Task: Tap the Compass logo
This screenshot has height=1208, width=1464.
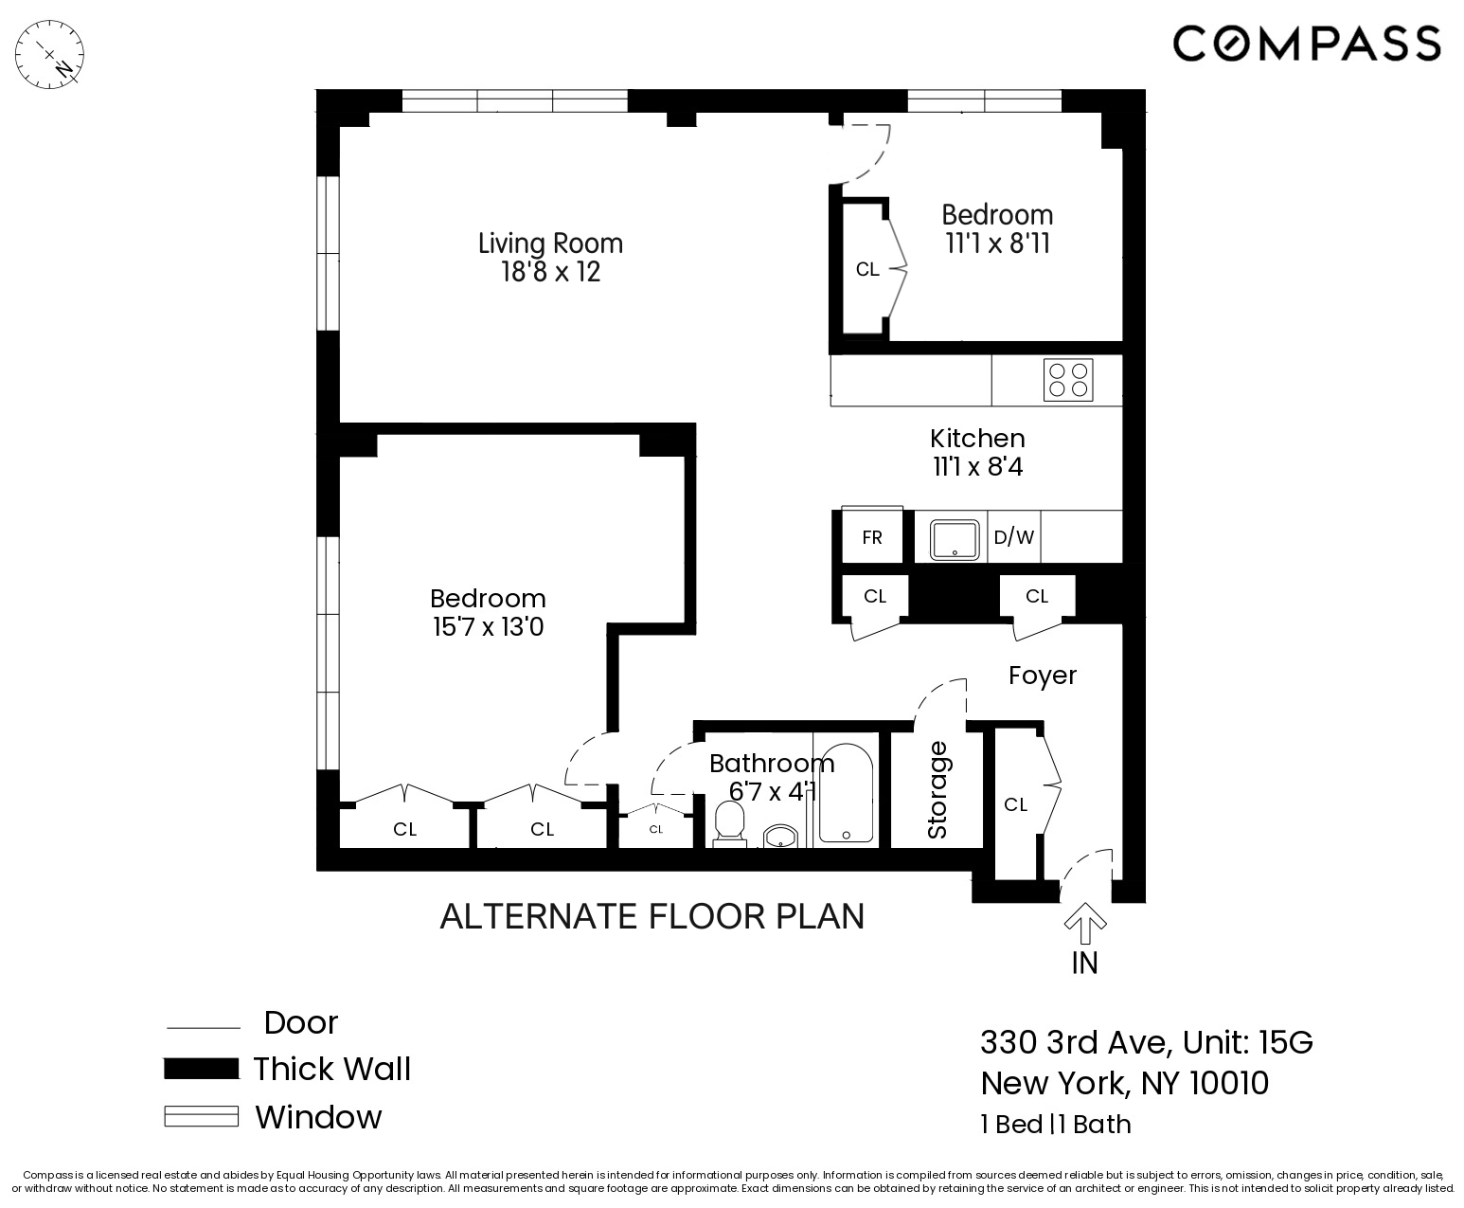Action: [x=1307, y=44]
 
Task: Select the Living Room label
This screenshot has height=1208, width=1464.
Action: [x=550, y=243]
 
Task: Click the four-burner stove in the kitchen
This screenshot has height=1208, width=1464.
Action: [x=1068, y=380]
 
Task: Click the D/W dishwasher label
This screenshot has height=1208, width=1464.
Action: [x=1013, y=537]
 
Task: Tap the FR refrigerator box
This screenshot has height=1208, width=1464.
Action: [x=872, y=537]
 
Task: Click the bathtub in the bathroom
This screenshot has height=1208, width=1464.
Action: [x=845, y=794]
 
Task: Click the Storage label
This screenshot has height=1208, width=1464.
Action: [x=937, y=789]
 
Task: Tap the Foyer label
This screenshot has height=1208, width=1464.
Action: [x=1043, y=676]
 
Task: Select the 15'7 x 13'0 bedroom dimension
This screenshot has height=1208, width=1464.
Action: [x=488, y=627]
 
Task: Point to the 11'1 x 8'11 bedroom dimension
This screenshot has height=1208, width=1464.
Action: [x=997, y=244]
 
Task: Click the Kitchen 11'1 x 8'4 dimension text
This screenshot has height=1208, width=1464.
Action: [x=977, y=466]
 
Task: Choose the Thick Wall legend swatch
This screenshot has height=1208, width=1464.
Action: [x=201, y=1069]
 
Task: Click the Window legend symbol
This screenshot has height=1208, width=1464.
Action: [x=201, y=1116]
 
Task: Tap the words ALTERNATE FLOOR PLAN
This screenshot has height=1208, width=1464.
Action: [x=652, y=916]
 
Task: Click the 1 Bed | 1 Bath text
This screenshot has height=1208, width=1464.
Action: [x=1055, y=1124]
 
